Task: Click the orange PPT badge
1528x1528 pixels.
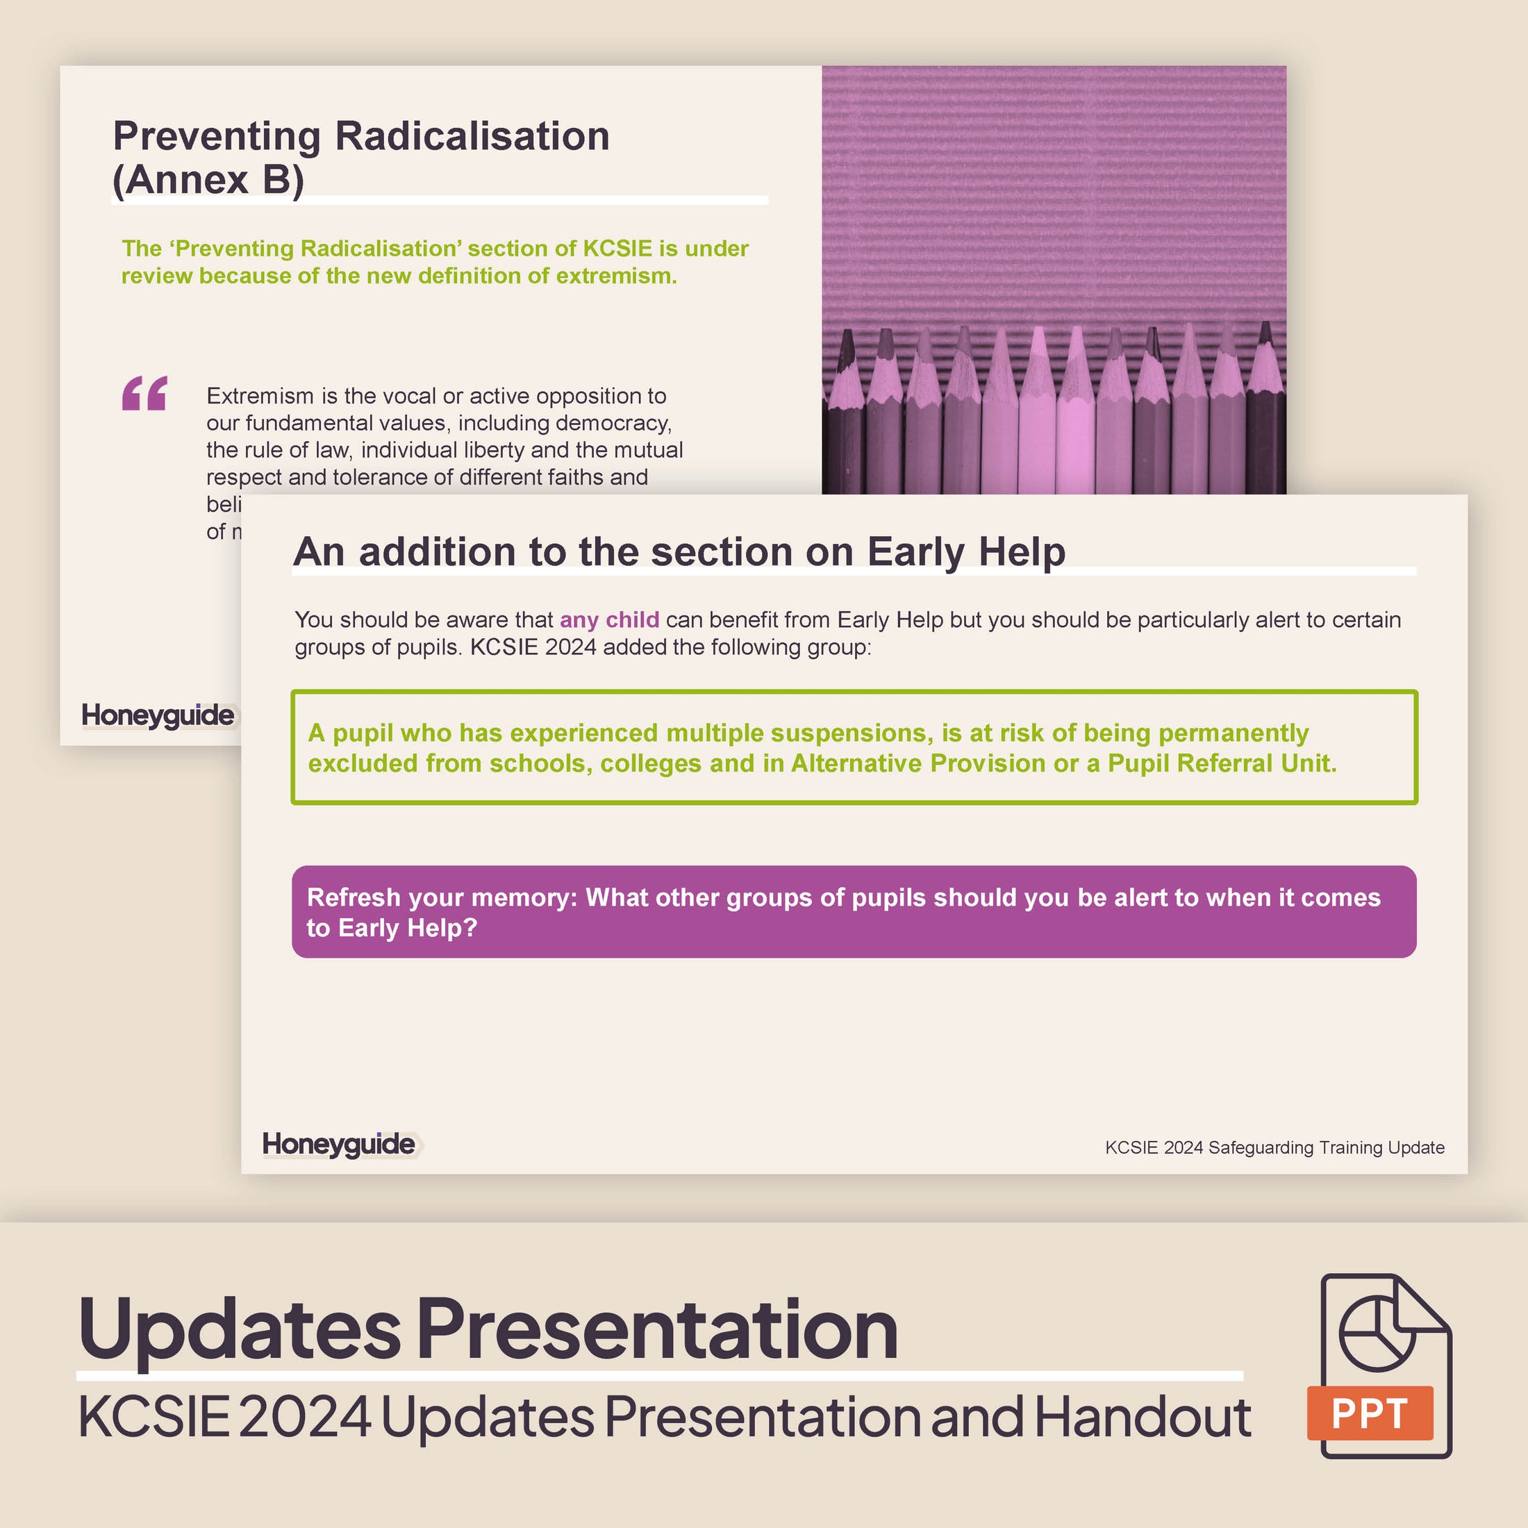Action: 1370,1413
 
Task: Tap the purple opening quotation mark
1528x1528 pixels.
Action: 144,393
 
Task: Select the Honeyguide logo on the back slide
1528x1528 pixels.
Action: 158,715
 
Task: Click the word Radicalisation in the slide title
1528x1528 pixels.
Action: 472,136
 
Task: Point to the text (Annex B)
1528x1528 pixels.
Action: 208,179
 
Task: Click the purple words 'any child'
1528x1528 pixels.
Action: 609,620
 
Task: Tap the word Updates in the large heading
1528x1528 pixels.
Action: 240,1330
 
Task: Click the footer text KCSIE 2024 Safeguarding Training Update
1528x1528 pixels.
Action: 1274,1147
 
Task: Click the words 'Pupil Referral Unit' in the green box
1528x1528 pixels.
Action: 1221,763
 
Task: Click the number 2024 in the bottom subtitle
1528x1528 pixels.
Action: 304,1418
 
